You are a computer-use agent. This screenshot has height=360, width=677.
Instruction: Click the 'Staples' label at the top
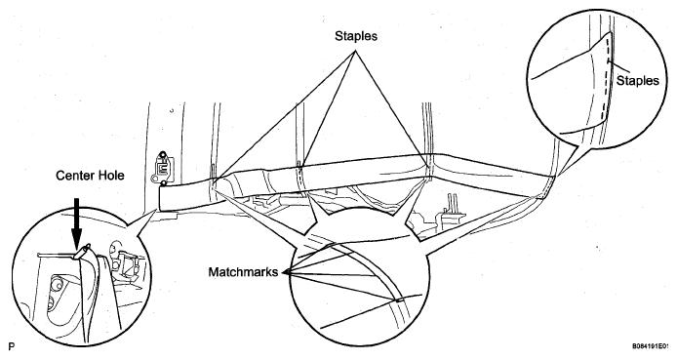[356, 36]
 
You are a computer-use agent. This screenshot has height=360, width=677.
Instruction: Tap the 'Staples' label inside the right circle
[638, 81]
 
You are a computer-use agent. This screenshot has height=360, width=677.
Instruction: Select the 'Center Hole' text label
[90, 176]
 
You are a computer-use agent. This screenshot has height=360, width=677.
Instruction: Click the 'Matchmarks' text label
[243, 272]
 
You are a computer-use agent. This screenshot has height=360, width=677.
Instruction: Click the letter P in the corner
[12, 346]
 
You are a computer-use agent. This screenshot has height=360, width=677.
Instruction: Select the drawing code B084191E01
[651, 346]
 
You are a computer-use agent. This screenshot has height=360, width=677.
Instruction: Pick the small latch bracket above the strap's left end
[161, 169]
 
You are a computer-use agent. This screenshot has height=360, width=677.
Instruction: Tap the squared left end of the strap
[162, 198]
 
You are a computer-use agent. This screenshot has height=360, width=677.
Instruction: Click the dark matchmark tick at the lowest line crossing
[397, 300]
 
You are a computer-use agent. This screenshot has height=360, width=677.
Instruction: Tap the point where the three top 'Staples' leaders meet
[357, 51]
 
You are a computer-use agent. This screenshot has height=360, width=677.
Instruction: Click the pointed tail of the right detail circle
[560, 175]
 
